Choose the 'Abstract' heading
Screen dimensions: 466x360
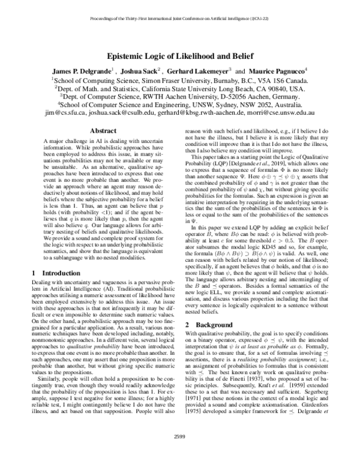(98, 130)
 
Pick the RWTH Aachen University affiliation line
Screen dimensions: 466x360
(179, 95)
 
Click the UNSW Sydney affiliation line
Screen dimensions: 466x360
(179, 103)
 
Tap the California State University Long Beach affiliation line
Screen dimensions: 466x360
(179, 87)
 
